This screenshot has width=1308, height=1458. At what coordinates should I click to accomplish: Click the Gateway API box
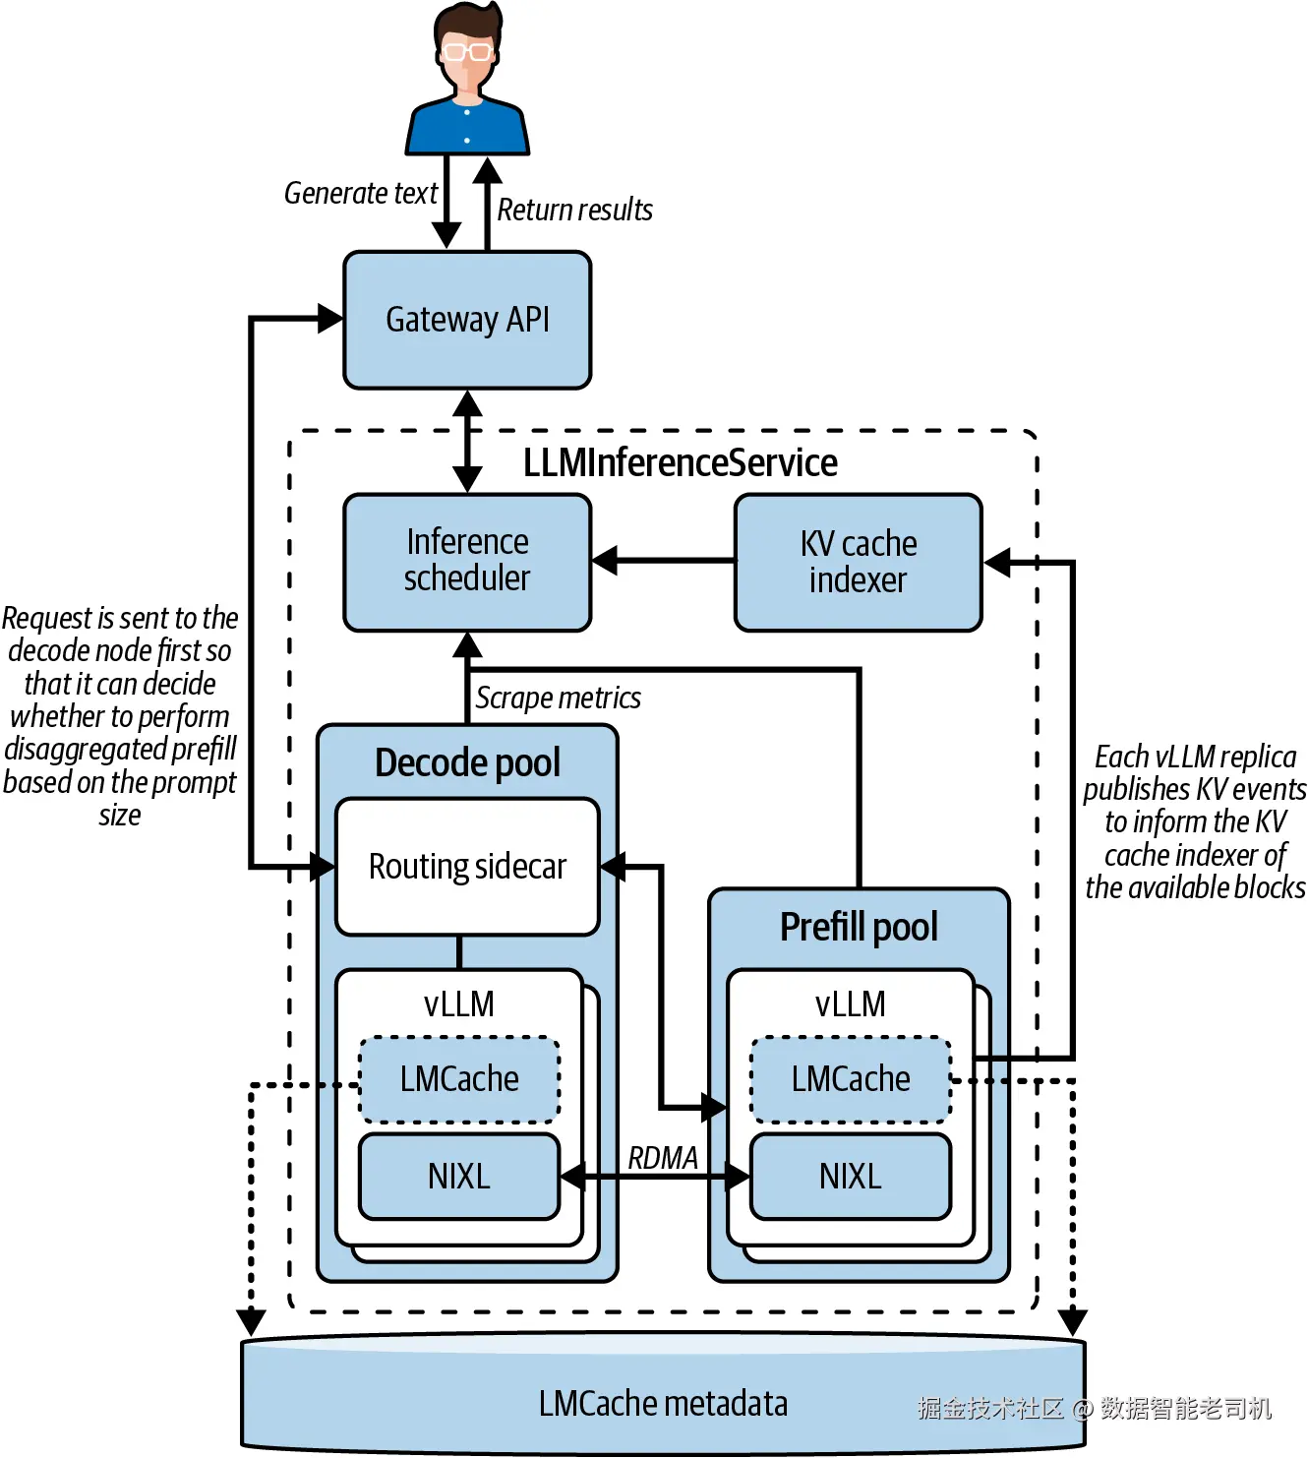(x=467, y=320)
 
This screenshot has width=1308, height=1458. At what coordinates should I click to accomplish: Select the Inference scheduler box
(x=467, y=561)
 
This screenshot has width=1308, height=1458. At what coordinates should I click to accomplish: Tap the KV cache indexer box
(x=858, y=562)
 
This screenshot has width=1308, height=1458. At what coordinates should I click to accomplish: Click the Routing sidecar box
(x=467, y=866)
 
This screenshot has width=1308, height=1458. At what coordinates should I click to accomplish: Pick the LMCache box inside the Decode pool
(x=459, y=1079)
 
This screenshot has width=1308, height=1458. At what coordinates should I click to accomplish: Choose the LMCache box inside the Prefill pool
(x=851, y=1079)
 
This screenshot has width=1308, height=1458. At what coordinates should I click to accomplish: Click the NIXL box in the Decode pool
(x=459, y=1177)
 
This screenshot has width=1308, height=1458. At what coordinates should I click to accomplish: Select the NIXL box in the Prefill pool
(x=851, y=1177)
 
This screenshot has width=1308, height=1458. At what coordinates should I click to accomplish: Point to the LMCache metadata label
(x=663, y=1403)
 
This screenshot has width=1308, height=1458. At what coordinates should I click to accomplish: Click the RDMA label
(x=663, y=1158)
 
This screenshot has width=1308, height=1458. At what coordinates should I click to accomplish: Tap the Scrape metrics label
(x=558, y=698)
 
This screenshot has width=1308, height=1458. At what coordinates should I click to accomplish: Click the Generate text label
(x=360, y=193)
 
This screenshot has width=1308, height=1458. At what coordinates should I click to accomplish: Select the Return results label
(x=574, y=210)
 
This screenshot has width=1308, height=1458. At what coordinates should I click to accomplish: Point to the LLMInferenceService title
(x=680, y=462)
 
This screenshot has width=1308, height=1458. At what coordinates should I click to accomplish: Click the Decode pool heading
(x=467, y=762)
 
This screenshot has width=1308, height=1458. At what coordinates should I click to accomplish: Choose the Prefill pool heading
(x=859, y=927)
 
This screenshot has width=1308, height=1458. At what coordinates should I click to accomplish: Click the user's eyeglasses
(x=466, y=51)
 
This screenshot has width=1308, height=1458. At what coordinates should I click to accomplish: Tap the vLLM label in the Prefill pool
(x=851, y=1003)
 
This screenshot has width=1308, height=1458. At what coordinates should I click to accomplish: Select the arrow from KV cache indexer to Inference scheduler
(x=663, y=561)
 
